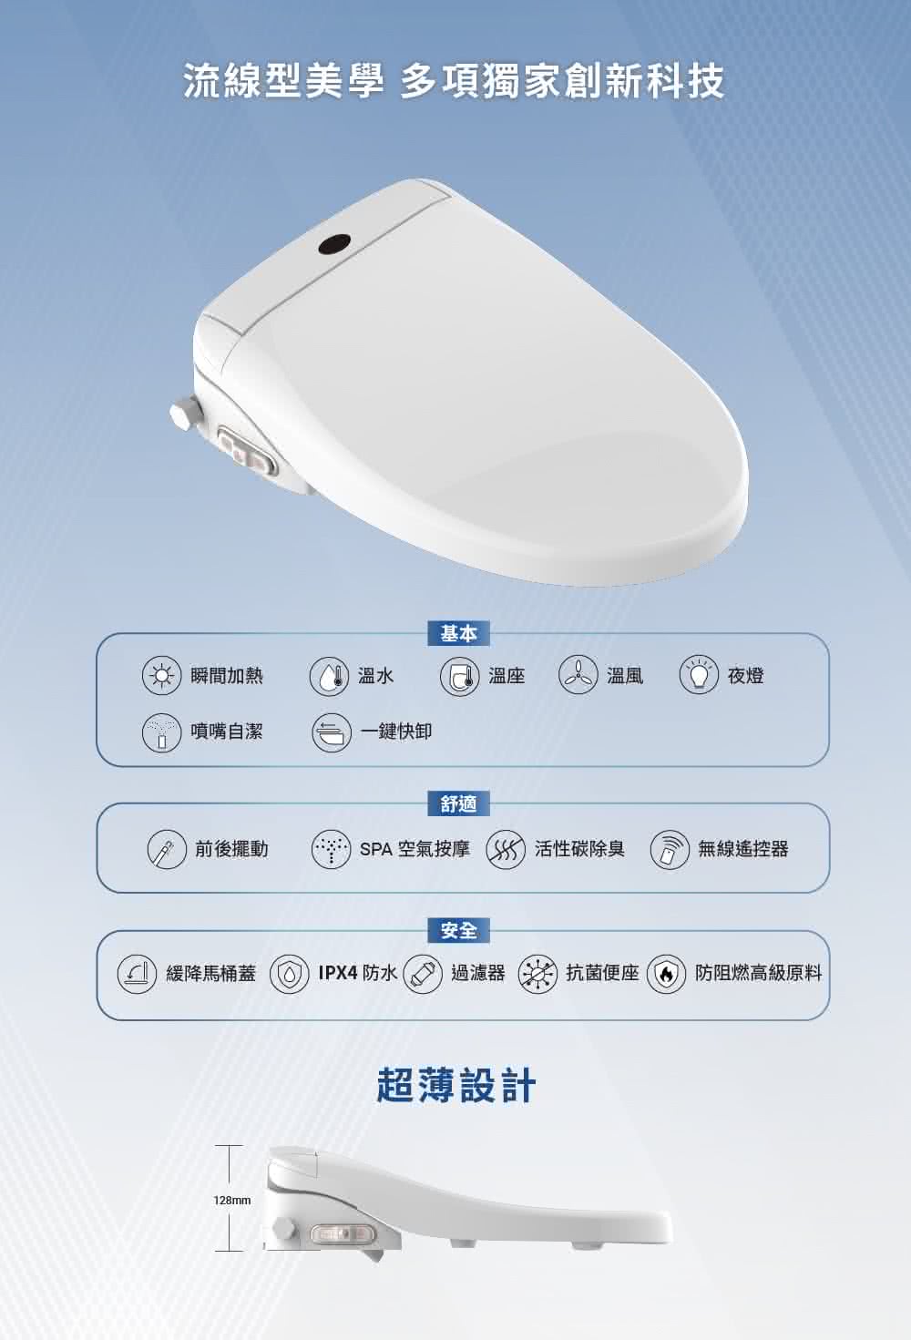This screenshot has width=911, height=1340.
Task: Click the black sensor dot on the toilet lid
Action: pos(334,244)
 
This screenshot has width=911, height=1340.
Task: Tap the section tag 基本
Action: pos(458,633)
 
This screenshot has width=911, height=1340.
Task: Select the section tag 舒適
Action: pos(458,803)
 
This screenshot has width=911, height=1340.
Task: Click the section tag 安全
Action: pos(458,930)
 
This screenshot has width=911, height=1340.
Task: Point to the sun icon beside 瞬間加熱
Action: pos(162,676)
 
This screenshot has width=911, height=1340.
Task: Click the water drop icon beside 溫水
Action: pos(330,676)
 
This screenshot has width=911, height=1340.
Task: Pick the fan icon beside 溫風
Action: pos(578,676)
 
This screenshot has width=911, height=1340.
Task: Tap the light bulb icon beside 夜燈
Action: pos(699,676)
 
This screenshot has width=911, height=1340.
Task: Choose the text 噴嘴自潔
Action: pos(227,731)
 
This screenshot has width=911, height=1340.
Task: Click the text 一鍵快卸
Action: pos(395,731)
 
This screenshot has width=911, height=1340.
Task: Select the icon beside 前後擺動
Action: pos(167,849)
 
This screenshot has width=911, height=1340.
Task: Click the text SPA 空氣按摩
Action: pos(415,849)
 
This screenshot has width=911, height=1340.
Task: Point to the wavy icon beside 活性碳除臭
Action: pos(506,849)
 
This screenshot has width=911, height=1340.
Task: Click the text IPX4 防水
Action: pos(357,973)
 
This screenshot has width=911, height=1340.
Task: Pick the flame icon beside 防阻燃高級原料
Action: pos(666,974)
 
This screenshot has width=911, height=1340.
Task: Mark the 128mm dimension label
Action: pos(232,1201)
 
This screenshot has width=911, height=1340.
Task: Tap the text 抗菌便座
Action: pos(602,973)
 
